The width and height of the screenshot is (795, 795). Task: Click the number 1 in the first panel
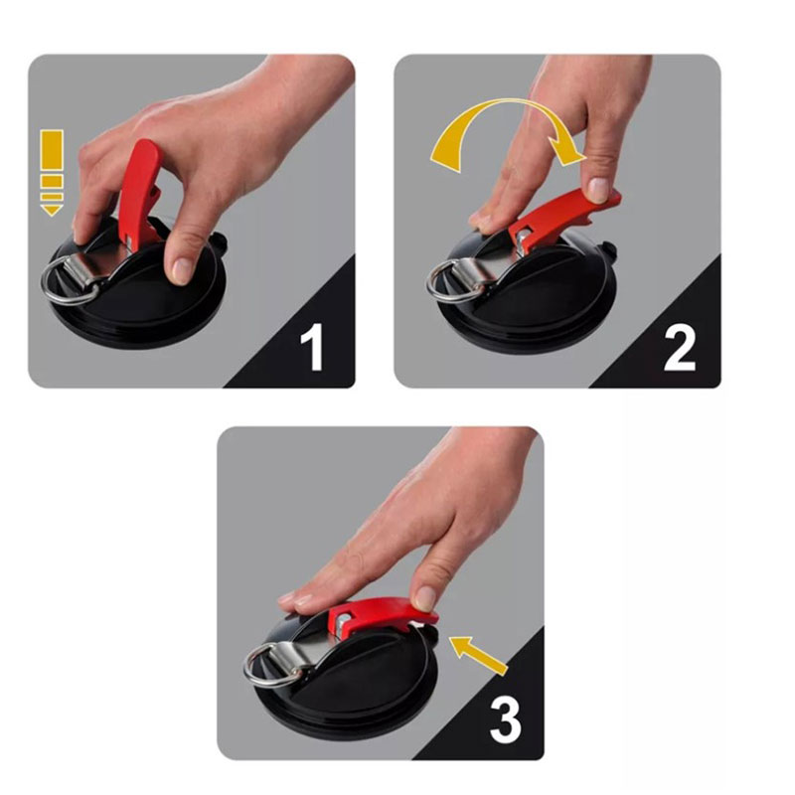pos(312,347)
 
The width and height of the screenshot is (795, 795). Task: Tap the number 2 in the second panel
pos(680,347)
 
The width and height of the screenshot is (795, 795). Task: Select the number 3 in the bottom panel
pos(506,719)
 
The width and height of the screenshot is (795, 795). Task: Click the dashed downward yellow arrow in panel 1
pos(52,173)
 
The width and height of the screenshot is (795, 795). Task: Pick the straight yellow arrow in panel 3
pos(479,655)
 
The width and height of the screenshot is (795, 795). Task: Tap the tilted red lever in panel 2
pos(565,218)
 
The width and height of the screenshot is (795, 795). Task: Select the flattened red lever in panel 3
pos(383,617)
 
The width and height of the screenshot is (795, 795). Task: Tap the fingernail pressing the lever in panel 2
pos(599,189)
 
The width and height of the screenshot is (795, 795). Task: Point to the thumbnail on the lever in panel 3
pos(425,599)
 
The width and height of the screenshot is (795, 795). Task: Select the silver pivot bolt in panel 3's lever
pos(343,620)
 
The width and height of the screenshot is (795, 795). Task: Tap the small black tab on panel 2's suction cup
pos(609,252)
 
